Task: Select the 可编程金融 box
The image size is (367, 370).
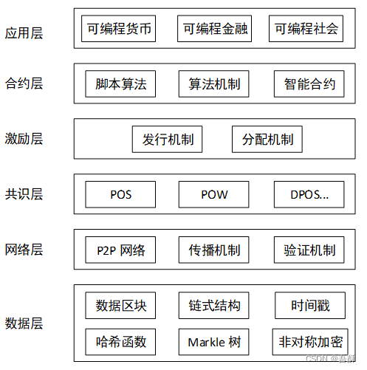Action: coord(214,30)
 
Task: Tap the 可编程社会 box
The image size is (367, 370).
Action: coord(306,30)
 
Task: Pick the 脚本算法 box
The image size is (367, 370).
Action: coord(121,84)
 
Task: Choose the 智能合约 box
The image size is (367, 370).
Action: coord(309,84)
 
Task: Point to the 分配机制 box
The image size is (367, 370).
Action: coord(262,140)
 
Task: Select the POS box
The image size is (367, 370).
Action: coord(121,195)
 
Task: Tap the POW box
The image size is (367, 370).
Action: coord(214,195)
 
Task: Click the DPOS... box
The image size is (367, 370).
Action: coord(309,195)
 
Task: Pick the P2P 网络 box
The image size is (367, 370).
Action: coord(121,250)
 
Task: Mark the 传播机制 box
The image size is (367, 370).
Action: coord(214,250)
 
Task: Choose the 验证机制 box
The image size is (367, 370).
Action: coord(309,250)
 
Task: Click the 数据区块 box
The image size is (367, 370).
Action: coord(121,306)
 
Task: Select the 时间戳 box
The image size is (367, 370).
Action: coord(309,306)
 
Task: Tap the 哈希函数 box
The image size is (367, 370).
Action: coord(121,342)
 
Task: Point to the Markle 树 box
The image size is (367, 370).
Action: coord(214,342)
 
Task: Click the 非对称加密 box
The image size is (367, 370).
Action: coord(309,342)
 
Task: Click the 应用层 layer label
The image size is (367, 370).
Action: coord(24,32)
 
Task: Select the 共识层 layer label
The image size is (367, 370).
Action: coord(24,194)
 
